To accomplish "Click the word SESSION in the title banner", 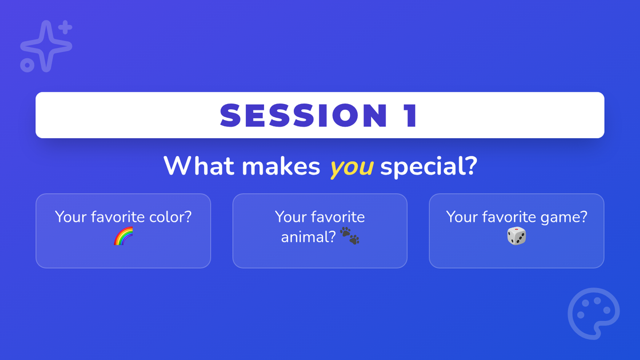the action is tap(303, 115).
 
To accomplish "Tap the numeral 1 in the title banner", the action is tap(411, 115).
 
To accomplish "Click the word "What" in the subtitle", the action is tap(198, 166).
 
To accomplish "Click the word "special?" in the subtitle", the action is tap(429, 167).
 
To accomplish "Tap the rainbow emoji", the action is tap(123, 236).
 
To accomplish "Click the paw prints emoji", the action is tap(350, 236).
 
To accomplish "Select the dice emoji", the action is tap(517, 236).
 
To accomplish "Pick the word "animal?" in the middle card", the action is tap(308, 237).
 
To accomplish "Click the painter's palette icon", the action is tap(594, 314).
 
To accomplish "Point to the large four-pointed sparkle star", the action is tap(46, 46).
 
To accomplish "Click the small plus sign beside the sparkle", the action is tap(66, 27).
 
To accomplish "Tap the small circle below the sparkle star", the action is tap(27, 65).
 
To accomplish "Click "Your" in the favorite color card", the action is tap(70, 217).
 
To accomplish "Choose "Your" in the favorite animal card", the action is tap(290, 217).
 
